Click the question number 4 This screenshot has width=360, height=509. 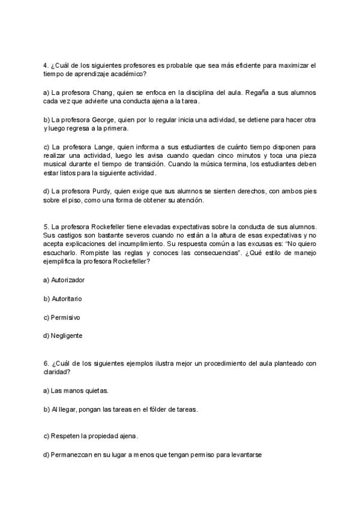coord(46,64)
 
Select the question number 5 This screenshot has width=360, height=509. coord(46,226)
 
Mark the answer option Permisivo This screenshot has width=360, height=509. coord(65,317)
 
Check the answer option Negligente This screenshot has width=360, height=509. coord(67,336)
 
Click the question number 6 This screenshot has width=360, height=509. coord(46,363)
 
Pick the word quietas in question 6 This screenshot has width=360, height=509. coord(97,391)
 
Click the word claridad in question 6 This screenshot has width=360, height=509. coord(56,372)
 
